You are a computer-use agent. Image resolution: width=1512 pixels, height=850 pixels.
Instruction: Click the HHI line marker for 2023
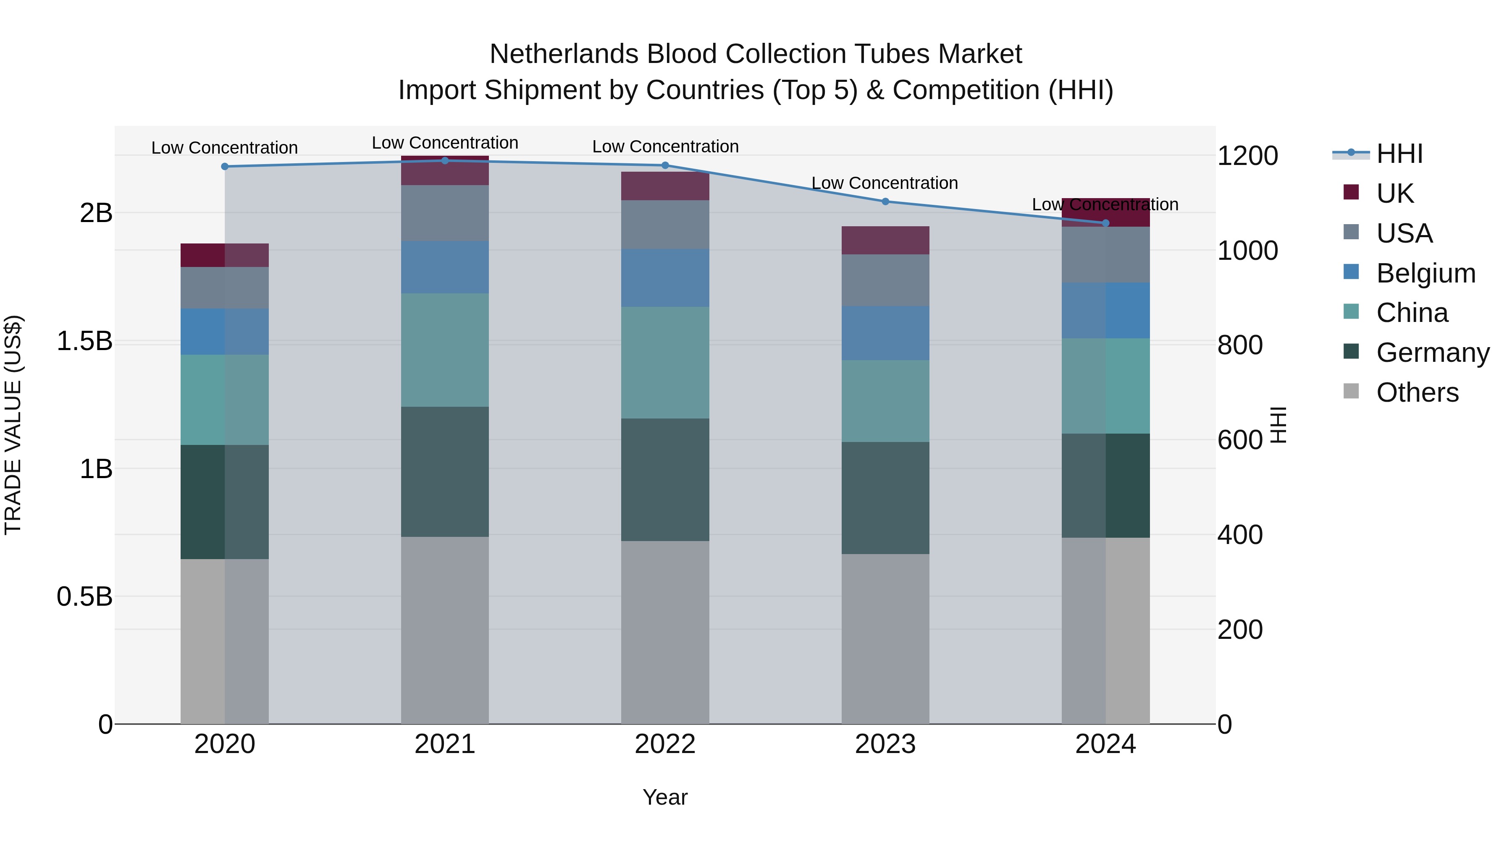[885, 201]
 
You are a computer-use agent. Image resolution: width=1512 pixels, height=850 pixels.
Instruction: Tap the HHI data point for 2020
[225, 167]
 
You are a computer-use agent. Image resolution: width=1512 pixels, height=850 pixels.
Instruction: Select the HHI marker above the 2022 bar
[665, 165]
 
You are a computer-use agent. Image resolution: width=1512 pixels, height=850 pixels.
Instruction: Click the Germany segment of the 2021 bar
[445, 472]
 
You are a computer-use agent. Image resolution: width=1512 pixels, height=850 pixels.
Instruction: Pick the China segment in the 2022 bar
[665, 363]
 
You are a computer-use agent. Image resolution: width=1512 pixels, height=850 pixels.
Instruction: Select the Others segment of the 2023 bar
[885, 639]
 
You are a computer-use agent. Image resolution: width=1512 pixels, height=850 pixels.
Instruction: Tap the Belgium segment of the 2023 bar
[885, 333]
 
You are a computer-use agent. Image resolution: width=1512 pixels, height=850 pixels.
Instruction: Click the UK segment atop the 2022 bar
[665, 186]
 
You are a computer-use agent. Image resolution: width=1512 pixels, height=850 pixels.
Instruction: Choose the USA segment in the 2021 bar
[445, 213]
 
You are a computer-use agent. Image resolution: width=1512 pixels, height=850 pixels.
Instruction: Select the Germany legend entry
[1433, 353]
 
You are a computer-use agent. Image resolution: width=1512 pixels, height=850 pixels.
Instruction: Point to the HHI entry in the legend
[1399, 154]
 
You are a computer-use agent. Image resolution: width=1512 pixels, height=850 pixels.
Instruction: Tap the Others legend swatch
[1351, 391]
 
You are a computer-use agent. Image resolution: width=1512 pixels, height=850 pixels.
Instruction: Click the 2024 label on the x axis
[1105, 744]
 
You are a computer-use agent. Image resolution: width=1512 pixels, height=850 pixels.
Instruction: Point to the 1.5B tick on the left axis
[84, 341]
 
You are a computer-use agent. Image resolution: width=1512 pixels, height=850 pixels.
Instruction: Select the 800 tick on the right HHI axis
[1240, 345]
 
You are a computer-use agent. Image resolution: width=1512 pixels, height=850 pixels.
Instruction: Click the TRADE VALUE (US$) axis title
[13, 425]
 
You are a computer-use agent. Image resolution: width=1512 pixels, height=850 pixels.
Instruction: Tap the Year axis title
[665, 797]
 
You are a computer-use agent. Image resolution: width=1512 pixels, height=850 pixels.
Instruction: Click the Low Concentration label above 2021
[445, 143]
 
